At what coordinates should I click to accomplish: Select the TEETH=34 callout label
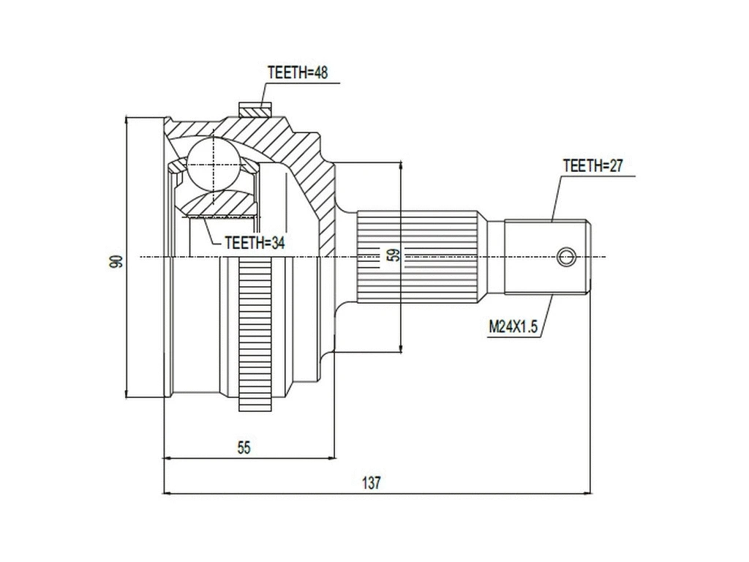(x=254, y=243)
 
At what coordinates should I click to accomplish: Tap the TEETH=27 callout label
(x=592, y=165)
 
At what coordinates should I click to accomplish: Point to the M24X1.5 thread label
(x=513, y=327)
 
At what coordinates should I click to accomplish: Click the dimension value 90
(x=115, y=262)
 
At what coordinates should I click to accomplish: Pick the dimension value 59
(x=393, y=255)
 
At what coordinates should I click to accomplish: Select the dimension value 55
(x=244, y=448)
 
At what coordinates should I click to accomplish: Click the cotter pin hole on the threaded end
(x=566, y=257)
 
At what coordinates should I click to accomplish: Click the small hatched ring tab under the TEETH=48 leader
(x=254, y=110)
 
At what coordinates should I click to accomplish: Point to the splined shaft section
(x=421, y=256)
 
